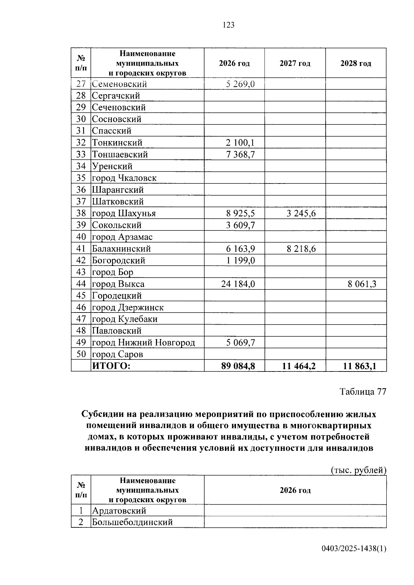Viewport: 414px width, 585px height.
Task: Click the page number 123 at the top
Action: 228,25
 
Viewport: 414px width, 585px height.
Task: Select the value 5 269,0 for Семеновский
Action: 240,84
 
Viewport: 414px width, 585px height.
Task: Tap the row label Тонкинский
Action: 117,142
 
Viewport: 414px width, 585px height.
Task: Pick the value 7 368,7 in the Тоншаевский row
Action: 240,154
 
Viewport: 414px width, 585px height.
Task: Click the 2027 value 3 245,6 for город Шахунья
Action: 301,213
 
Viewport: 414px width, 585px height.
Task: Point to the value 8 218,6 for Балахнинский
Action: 301,249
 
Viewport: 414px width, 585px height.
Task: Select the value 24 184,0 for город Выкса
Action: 238,284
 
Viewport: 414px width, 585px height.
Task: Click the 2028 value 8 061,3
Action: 362,284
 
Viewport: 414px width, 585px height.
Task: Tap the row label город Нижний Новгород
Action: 143,343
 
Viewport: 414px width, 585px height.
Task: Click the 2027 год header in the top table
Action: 295,63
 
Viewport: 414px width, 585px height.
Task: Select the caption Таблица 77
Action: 363,391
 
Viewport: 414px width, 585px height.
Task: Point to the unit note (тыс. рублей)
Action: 358,470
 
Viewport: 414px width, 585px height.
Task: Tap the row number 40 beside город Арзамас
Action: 81,237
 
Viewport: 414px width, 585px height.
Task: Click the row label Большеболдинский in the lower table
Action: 132,522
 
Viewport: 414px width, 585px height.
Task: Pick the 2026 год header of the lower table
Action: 295,490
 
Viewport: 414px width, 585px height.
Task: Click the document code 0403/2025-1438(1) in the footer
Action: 354,548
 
